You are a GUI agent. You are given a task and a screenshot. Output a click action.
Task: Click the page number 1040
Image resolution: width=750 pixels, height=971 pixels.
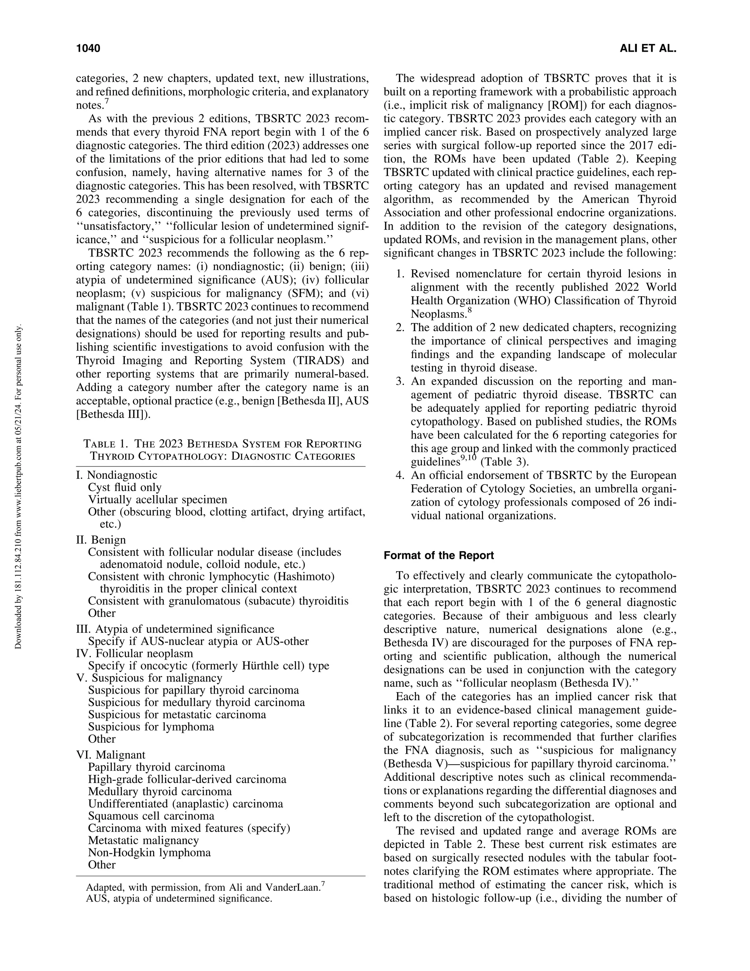point(88,48)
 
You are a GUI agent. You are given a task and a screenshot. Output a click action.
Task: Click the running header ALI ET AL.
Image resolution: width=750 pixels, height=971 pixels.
point(647,48)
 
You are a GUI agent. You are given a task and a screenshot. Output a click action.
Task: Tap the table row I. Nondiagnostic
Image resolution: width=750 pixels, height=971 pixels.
point(116,475)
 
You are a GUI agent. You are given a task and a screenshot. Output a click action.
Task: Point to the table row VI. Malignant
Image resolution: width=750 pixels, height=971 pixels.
point(111,755)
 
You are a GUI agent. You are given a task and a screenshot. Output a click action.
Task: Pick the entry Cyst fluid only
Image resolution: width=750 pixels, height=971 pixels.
point(125,487)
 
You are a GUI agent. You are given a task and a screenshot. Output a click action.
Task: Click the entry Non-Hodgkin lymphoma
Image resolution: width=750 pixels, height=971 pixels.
point(149,852)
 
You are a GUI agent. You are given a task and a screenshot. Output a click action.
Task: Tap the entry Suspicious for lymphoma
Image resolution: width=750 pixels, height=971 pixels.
point(151,727)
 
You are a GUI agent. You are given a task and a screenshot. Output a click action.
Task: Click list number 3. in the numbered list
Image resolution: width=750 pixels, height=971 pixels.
point(400,381)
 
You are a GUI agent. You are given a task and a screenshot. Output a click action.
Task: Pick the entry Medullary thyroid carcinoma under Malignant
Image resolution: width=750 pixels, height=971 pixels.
point(160,791)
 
